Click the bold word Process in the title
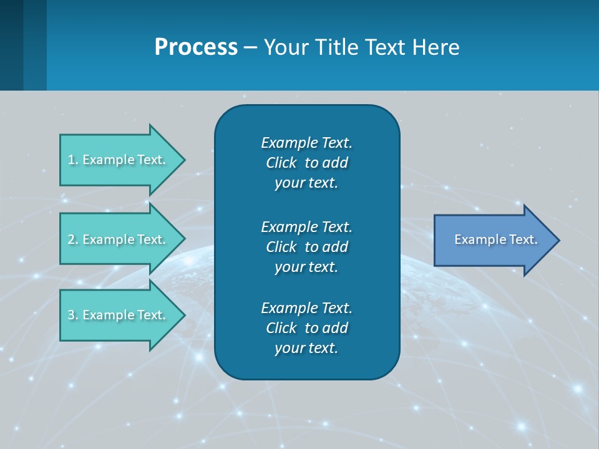click(x=196, y=47)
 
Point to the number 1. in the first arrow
click(x=73, y=160)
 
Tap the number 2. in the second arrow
click(x=73, y=239)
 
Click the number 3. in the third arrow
click(x=73, y=315)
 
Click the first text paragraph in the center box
click(x=306, y=163)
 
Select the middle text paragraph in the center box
click(x=306, y=247)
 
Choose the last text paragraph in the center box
click(x=306, y=328)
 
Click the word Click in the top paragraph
click(x=281, y=163)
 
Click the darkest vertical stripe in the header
click(x=11, y=45)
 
